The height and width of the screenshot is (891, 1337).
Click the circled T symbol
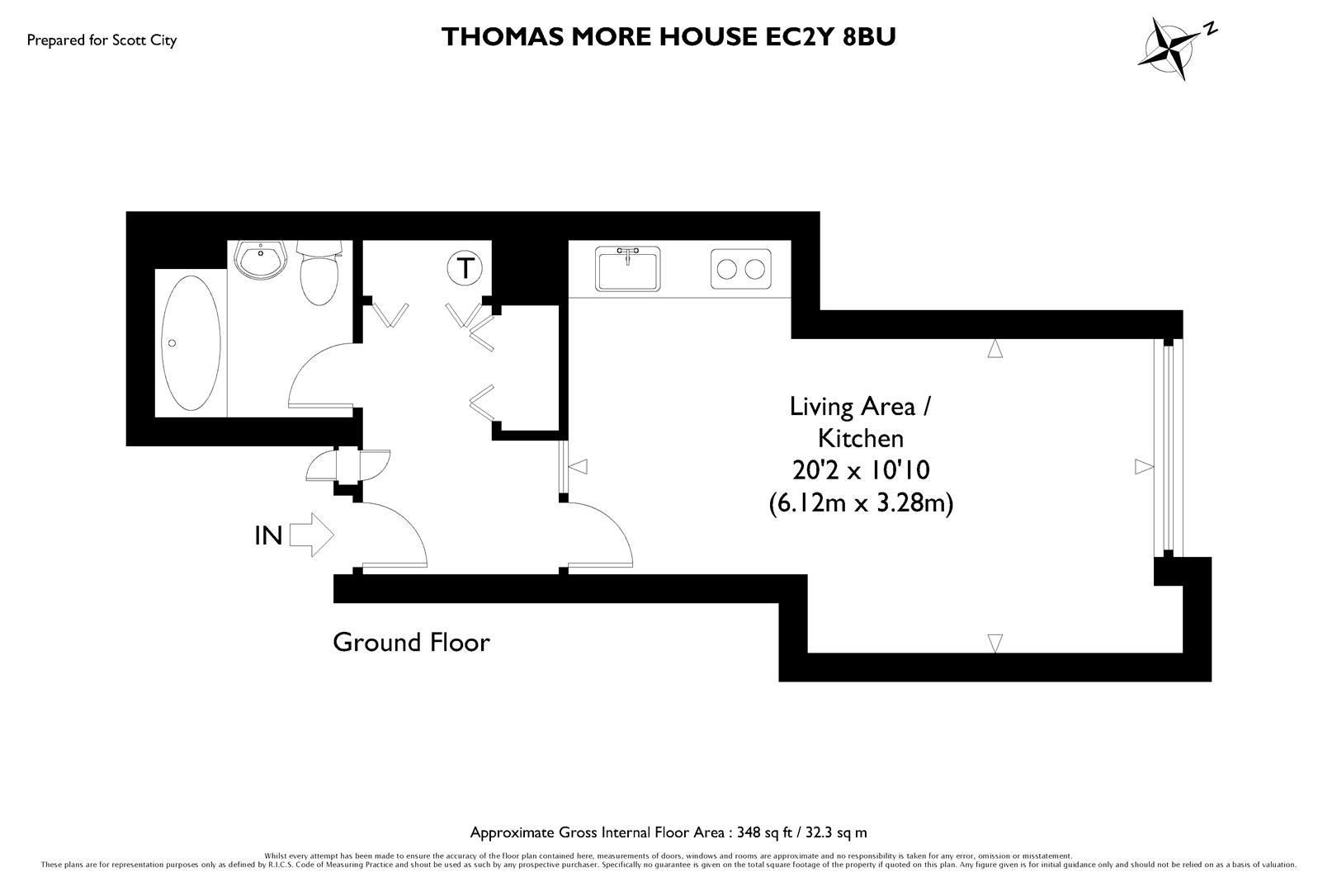click(x=466, y=269)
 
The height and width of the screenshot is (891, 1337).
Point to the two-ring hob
click(x=740, y=269)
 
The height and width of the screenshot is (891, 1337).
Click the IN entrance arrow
click(x=312, y=535)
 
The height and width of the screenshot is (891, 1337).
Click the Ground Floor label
click(x=411, y=642)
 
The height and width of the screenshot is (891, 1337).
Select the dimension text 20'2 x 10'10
click(x=861, y=470)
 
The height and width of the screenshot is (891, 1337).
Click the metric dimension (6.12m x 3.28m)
click(x=861, y=502)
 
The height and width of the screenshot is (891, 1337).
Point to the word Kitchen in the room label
click(x=861, y=437)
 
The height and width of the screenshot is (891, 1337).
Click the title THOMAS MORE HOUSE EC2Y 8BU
click(x=668, y=37)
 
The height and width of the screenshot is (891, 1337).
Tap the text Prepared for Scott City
click(x=102, y=40)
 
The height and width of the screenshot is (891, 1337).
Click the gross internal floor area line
click(x=668, y=832)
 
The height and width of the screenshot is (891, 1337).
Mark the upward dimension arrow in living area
click(x=995, y=349)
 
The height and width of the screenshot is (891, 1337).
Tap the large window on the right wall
click(x=1168, y=445)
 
